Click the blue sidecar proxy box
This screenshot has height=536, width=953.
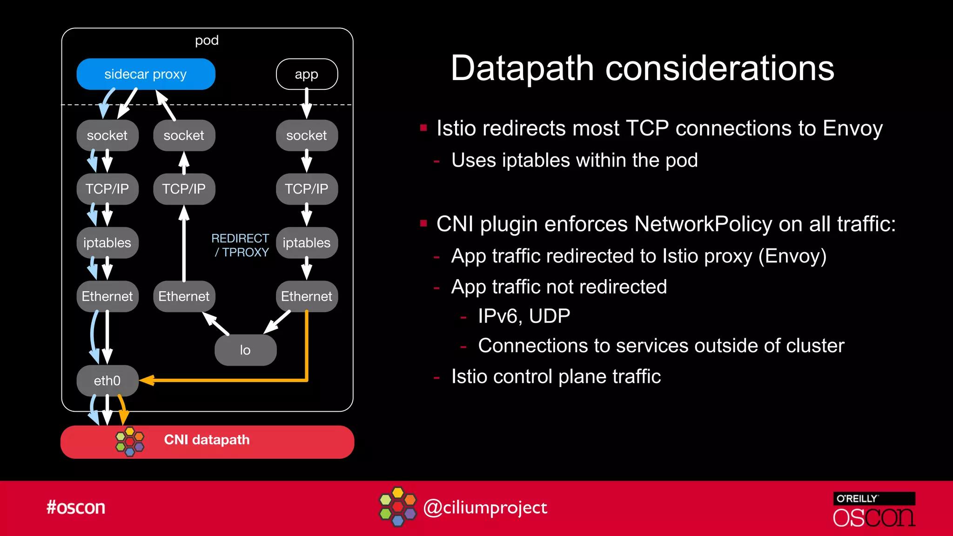[146, 74]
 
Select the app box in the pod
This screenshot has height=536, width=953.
[307, 74]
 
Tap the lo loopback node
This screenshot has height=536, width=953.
[245, 350]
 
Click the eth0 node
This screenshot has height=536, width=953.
[107, 381]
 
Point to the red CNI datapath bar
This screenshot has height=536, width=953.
[207, 442]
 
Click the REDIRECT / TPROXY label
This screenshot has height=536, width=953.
[241, 245]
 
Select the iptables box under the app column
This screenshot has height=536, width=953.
[307, 243]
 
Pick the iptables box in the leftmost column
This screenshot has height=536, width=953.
[107, 243]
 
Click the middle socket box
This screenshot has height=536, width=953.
[184, 135]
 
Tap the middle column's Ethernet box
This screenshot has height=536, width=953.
[184, 296]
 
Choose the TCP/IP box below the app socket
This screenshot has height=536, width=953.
[307, 189]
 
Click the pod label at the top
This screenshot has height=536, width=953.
[207, 40]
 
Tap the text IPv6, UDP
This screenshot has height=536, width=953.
[524, 316]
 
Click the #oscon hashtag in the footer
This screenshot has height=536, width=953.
[76, 507]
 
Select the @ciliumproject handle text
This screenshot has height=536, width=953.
[485, 508]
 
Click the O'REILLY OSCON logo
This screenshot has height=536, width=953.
[874, 510]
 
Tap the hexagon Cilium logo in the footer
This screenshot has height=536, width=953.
[398, 507]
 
